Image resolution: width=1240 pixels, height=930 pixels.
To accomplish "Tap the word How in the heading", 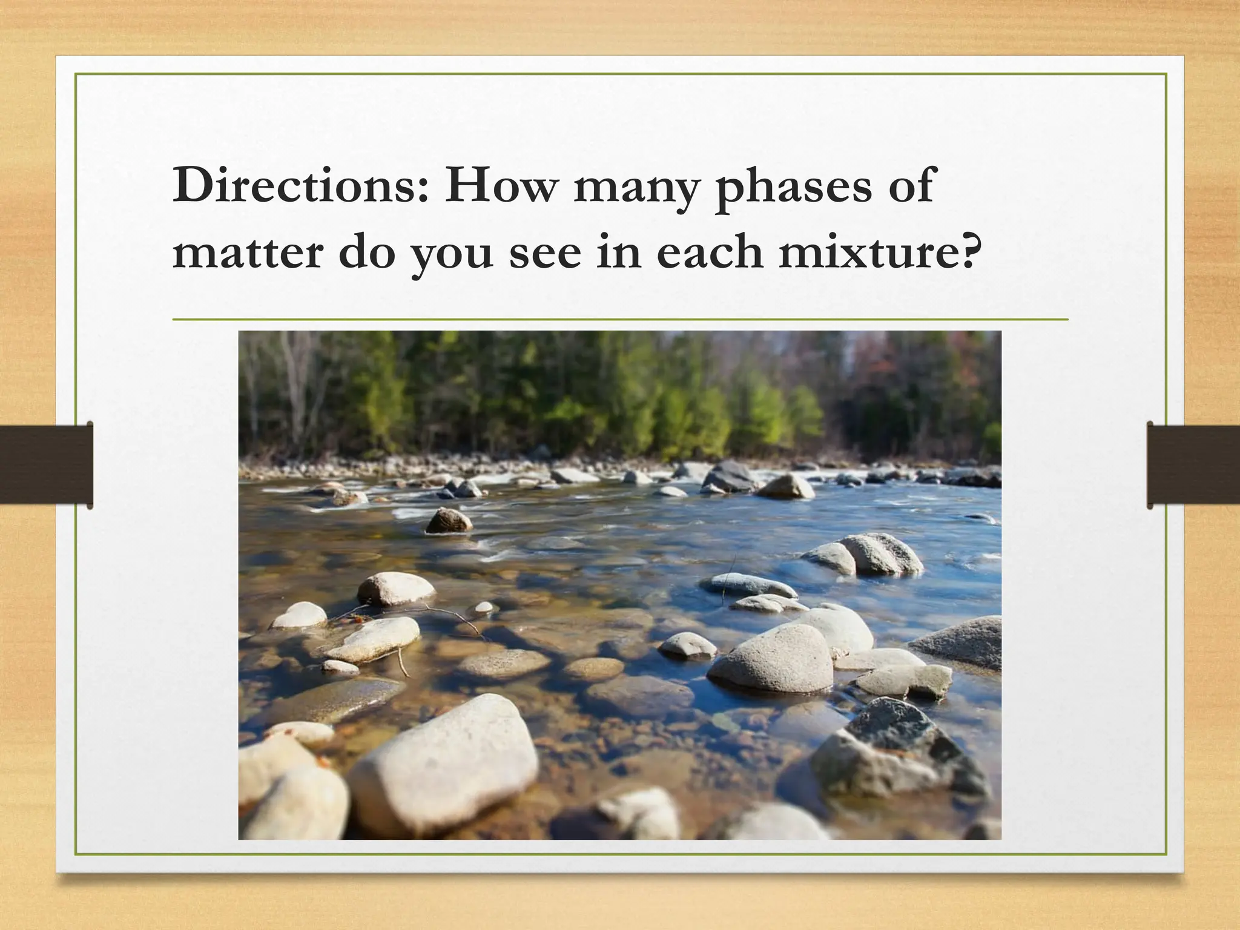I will [x=500, y=186].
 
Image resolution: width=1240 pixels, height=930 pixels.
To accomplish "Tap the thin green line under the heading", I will [x=620, y=319].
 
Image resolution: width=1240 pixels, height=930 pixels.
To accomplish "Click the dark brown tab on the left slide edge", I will [x=46, y=465].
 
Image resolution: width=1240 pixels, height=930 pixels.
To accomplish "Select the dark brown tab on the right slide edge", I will [x=1193, y=465].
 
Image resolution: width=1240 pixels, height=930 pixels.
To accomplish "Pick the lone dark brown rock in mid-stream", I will [x=449, y=521].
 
